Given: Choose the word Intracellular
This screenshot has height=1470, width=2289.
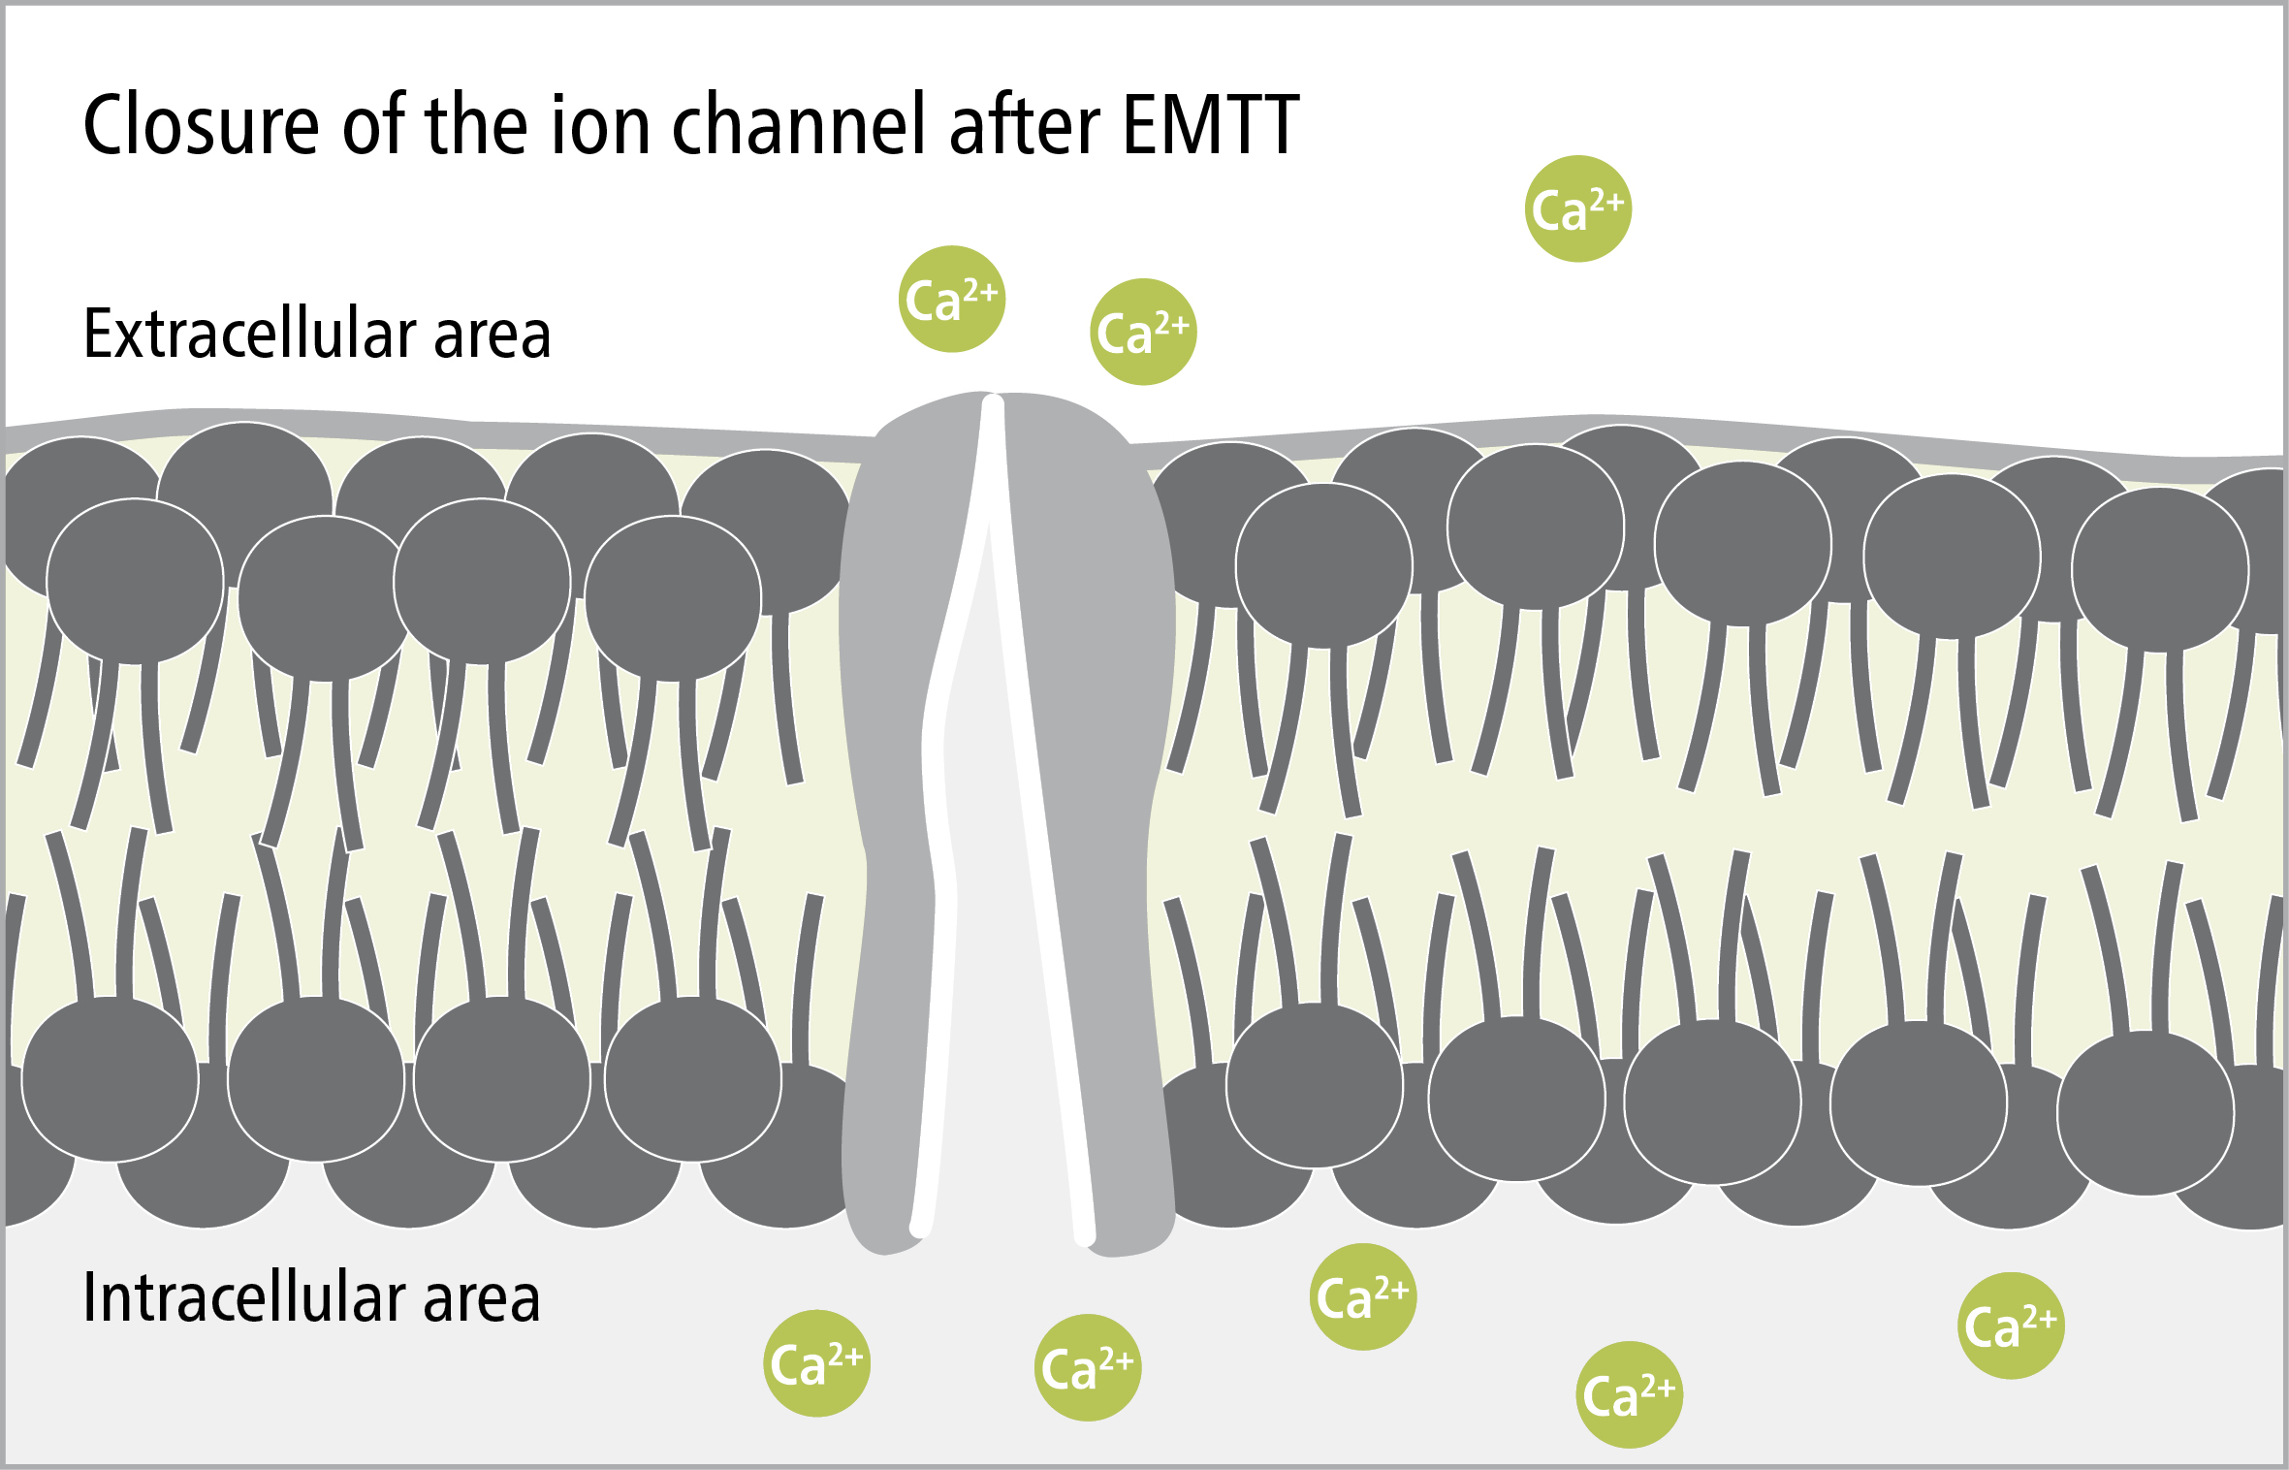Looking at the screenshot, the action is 242,1297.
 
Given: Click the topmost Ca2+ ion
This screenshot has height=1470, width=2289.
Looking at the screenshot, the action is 1578,208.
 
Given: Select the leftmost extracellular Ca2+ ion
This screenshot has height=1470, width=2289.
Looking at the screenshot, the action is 952,299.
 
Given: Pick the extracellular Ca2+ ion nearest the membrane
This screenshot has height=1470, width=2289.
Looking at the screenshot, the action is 1144,332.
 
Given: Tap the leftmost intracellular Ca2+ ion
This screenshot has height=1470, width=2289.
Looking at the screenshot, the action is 817,1363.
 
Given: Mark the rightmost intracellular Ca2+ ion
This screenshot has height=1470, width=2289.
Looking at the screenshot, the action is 2012,1326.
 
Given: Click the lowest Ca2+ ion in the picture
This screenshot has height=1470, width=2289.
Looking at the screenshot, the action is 1630,1394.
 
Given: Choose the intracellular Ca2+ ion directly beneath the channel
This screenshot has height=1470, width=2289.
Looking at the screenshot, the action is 1089,1367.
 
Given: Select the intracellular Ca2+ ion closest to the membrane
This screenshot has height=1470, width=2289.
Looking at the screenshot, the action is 1363,1296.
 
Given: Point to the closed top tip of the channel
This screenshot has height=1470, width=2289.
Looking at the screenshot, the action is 993,400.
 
